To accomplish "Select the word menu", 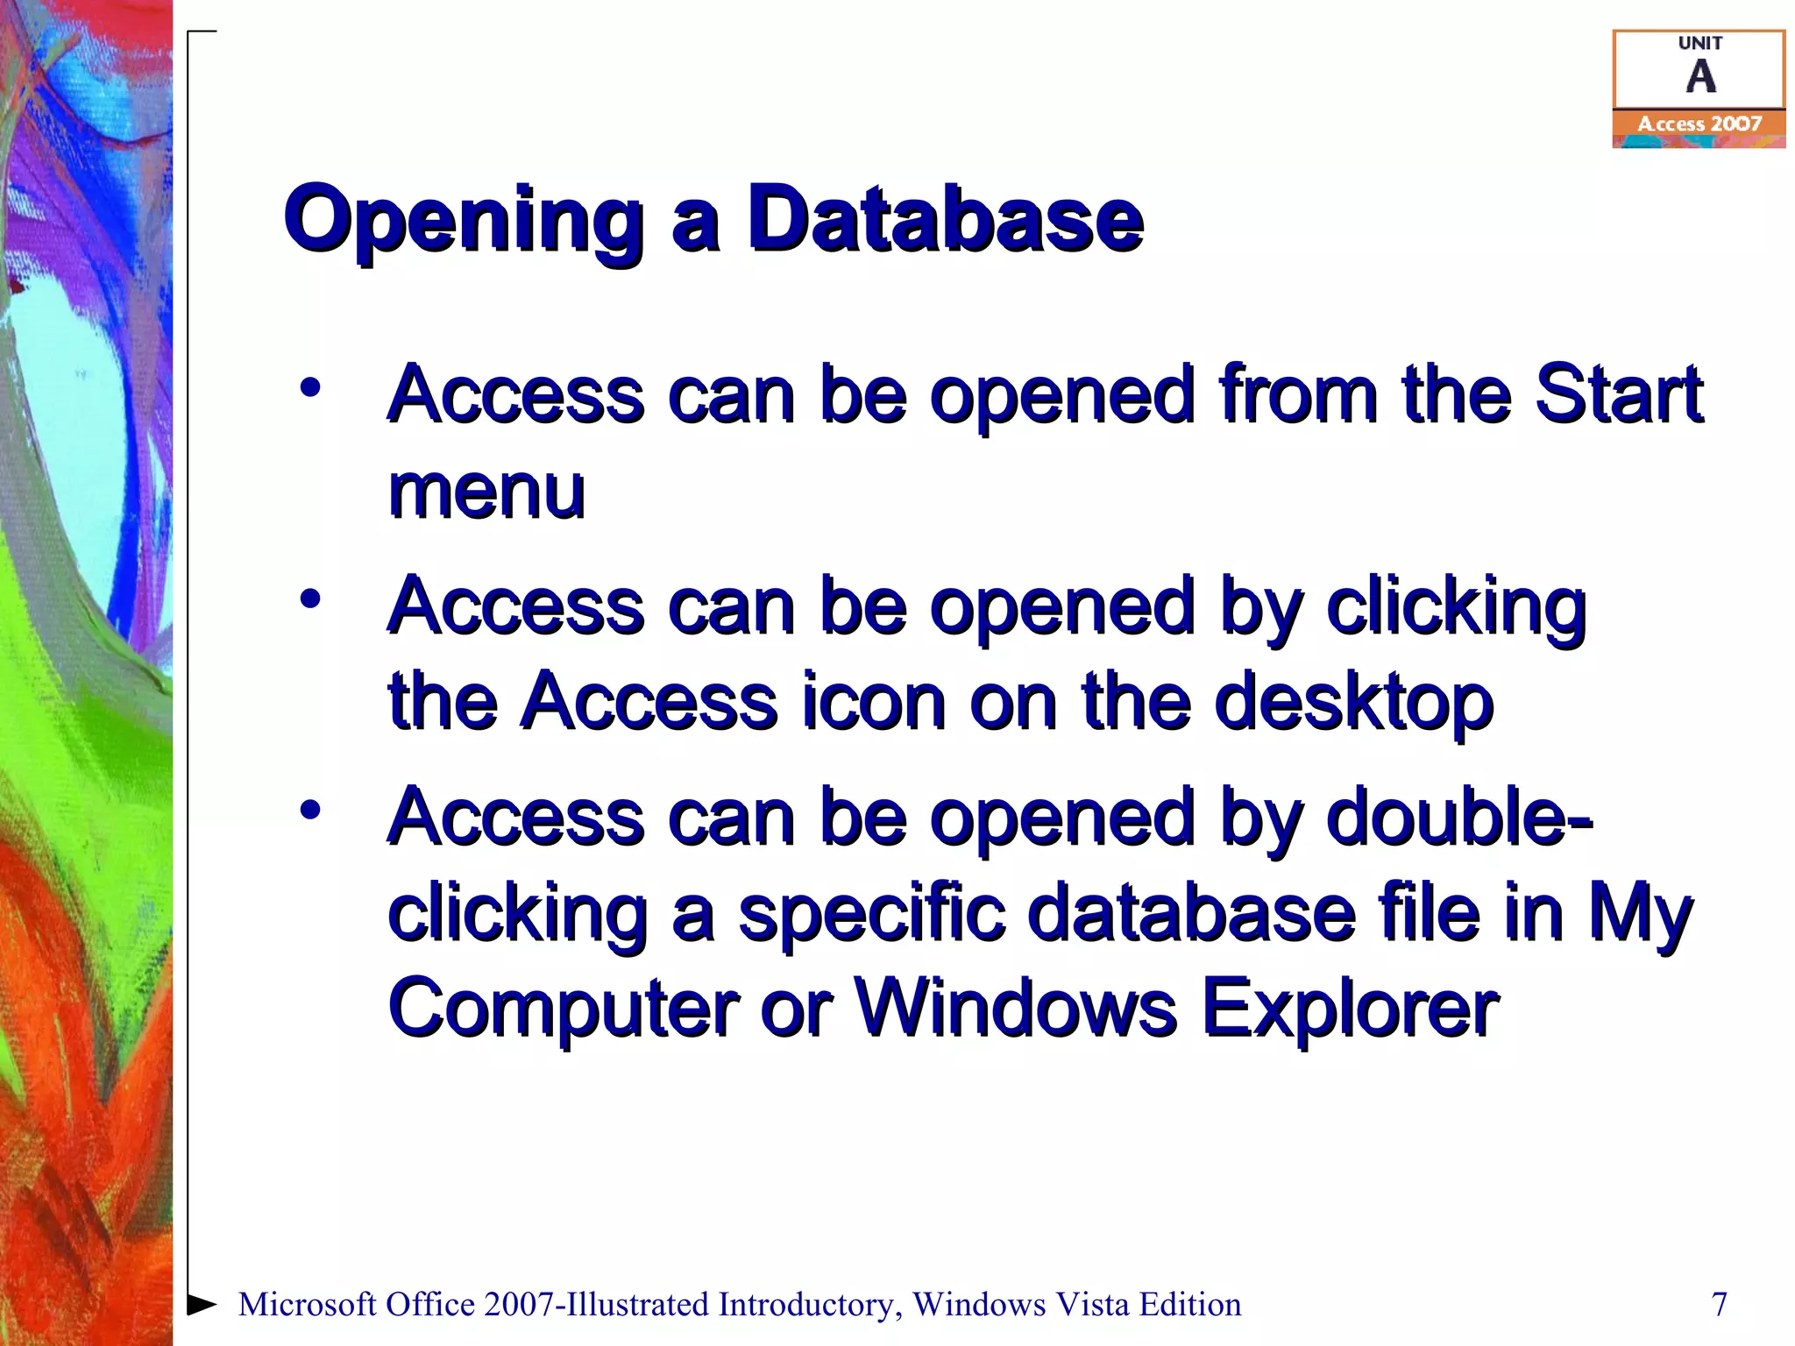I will pyautogui.click(x=486, y=492).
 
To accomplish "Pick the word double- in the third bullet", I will pyautogui.click(x=1459, y=818).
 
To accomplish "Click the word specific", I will pyautogui.click(x=871, y=914).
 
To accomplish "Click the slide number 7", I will pyautogui.click(x=1720, y=1304).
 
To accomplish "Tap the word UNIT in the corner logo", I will pyautogui.click(x=1699, y=43).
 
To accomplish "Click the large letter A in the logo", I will pyautogui.click(x=1700, y=77).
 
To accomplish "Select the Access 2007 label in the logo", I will pyautogui.click(x=1699, y=124).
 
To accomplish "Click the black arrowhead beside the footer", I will pyautogui.click(x=202, y=1304).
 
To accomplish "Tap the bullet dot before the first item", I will pyautogui.click(x=310, y=386).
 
